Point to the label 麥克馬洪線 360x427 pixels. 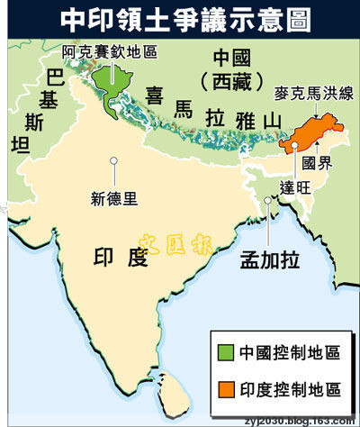[307, 92]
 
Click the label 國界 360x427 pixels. [320, 164]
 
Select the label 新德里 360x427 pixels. [116, 191]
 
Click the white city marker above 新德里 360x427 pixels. [114, 161]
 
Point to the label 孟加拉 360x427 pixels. [269, 259]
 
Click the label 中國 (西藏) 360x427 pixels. [235, 67]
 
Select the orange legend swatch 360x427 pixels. [224, 389]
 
